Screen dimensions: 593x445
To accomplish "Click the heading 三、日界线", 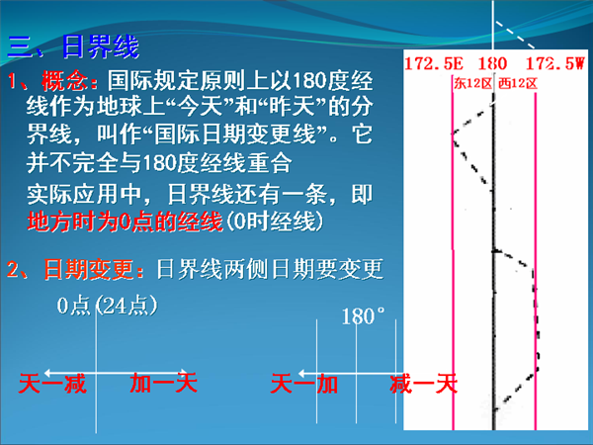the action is point(73,46).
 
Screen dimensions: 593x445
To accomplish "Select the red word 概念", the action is point(64,81).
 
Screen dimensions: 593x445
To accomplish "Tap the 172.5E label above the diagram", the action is point(434,63).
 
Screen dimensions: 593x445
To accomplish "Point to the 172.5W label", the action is point(555,63).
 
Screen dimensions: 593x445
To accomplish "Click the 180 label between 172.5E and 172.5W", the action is point(492,63).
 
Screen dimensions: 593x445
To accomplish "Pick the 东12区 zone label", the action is point(472,83).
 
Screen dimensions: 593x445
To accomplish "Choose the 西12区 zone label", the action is point(517,83).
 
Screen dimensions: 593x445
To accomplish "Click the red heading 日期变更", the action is point(89,269).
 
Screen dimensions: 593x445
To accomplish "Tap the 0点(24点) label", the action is point(107,306).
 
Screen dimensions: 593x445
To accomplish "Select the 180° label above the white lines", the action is point(363,316).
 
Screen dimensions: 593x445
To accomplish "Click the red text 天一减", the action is point(52,383).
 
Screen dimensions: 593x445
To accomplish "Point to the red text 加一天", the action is point(163,383).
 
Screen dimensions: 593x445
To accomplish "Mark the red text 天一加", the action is point(304,383).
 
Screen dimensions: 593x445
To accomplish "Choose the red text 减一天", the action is point(424,383).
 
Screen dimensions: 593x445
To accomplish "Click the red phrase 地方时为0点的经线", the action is point(125,222).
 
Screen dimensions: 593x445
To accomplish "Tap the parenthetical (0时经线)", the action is point(275,222).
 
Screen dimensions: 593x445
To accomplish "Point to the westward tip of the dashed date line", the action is point(453,133).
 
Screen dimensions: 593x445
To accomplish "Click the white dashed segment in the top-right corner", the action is point(515,35).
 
